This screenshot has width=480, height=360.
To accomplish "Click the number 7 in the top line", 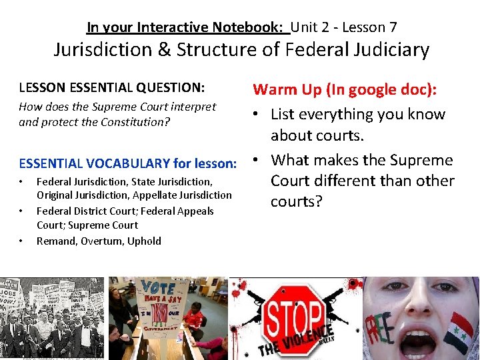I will pyautogui.click(x=393, y=27).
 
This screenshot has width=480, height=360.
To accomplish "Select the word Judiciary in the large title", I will pyautogui.click(x=387, y=50).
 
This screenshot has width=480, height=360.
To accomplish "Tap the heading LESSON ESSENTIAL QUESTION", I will pyautogui.click(x=111, y=87).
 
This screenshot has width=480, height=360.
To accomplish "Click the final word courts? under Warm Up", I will pyautogui.click(x=296, y=201).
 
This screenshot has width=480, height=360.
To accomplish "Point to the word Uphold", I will pyautogui.click(x=144, y=241).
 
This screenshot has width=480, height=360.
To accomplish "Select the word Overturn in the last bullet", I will pyautogui.click(x=102, y=241).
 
